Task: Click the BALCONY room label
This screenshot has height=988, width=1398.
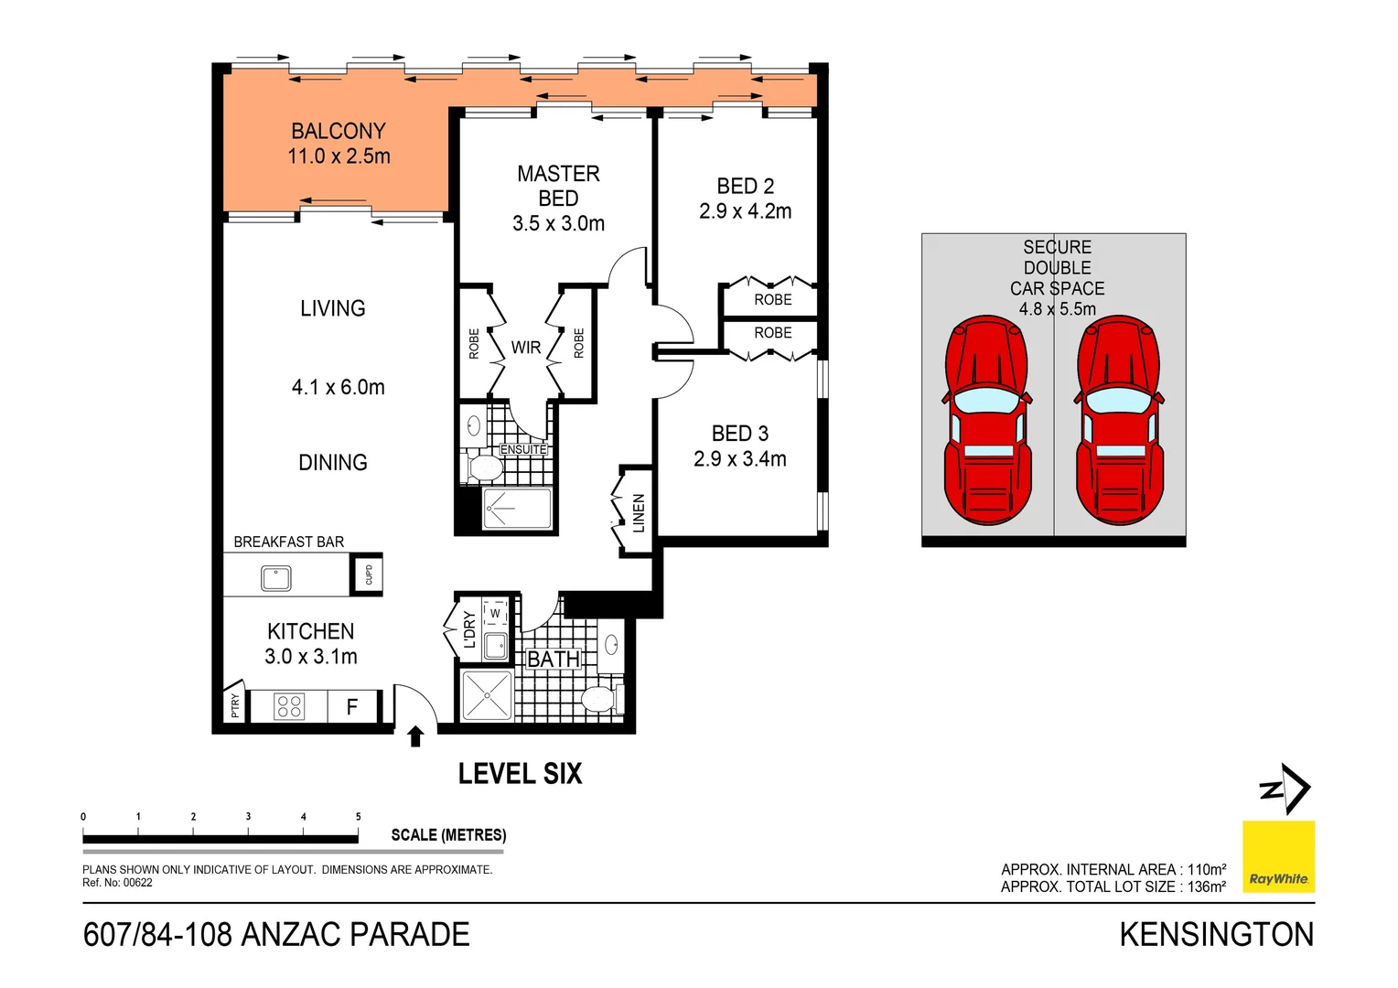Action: point(339,132)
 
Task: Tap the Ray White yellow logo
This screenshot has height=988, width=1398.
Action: point(1278,856)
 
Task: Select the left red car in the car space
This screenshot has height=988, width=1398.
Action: point(987,421)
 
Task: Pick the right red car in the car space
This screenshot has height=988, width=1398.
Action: point(1120,421)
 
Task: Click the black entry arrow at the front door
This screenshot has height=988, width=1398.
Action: point(415,736)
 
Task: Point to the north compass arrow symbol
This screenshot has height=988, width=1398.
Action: point(1286,789)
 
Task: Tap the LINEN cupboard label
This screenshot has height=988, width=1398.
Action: point(639,513)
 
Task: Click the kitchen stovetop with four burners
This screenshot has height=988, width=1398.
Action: point(289,706)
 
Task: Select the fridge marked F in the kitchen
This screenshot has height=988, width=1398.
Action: point(352,706)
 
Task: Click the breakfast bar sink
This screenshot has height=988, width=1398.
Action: point(275,578)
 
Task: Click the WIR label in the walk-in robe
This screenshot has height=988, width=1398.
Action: point(526,348)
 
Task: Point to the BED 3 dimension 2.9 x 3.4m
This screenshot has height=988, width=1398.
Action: point(739,459)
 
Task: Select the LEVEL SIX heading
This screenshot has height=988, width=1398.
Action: point(520,774)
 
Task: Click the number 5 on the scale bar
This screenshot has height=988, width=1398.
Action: point(358,817)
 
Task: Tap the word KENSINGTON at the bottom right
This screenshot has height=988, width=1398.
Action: point(1216,935)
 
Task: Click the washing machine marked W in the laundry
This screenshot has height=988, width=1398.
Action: point(495,614)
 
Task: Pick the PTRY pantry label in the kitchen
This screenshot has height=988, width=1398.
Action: point(235,705)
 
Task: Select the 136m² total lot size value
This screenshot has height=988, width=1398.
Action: point(1208,886)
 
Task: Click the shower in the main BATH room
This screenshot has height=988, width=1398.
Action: point(487,696)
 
